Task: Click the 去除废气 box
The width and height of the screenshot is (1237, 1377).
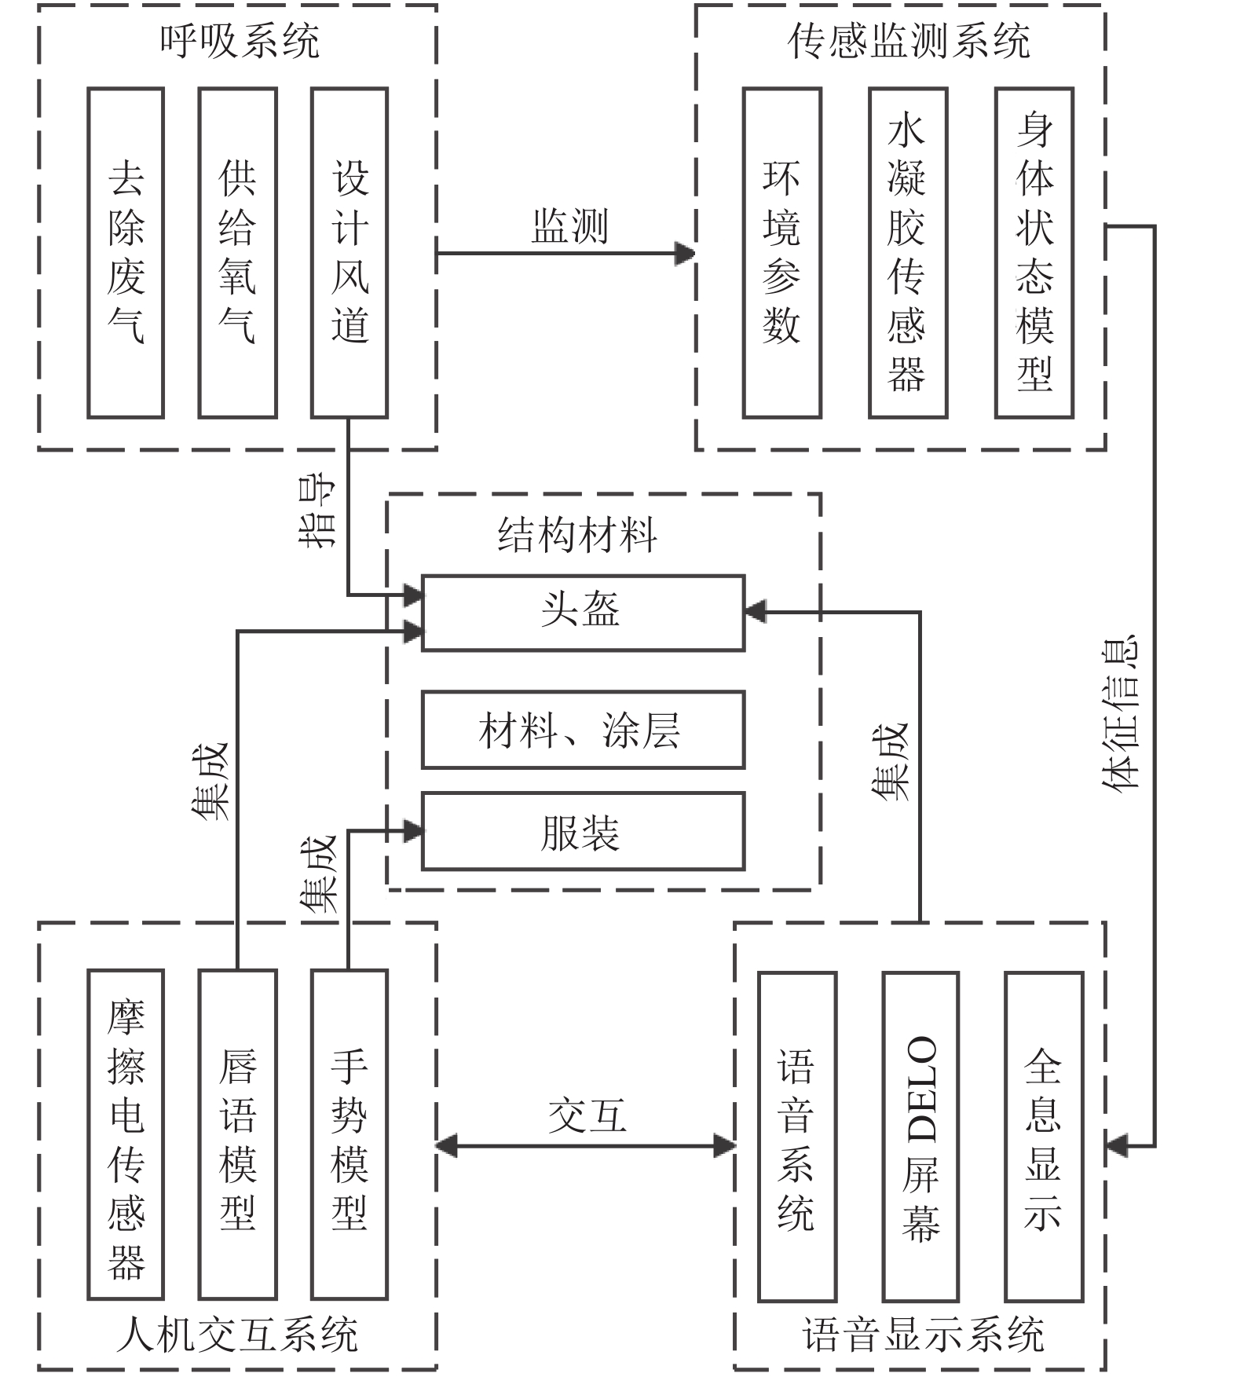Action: click(126, 252)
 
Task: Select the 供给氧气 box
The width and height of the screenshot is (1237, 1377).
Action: click(237, 252)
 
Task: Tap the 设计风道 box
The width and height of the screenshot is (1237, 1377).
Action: click(350, 252)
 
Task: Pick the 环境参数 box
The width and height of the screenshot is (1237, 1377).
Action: click(781, 252)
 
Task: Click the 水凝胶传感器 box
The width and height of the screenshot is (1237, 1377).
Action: click(908, 252)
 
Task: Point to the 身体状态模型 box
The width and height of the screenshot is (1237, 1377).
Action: click(1034, 252)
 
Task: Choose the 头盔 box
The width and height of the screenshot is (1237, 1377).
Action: click(583, 613)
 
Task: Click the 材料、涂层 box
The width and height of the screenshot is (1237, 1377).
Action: click(583, 730)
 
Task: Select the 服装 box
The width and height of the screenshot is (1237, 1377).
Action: click(583, 831)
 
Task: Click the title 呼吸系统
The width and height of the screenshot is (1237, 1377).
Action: click(240, 41)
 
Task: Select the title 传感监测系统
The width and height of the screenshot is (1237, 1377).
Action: click(909, 41)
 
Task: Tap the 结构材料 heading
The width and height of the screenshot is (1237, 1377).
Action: click(577, 535)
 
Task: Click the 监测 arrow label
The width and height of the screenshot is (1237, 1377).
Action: click(570, 226)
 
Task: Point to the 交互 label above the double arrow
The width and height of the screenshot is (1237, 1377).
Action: click(587, 1115)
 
